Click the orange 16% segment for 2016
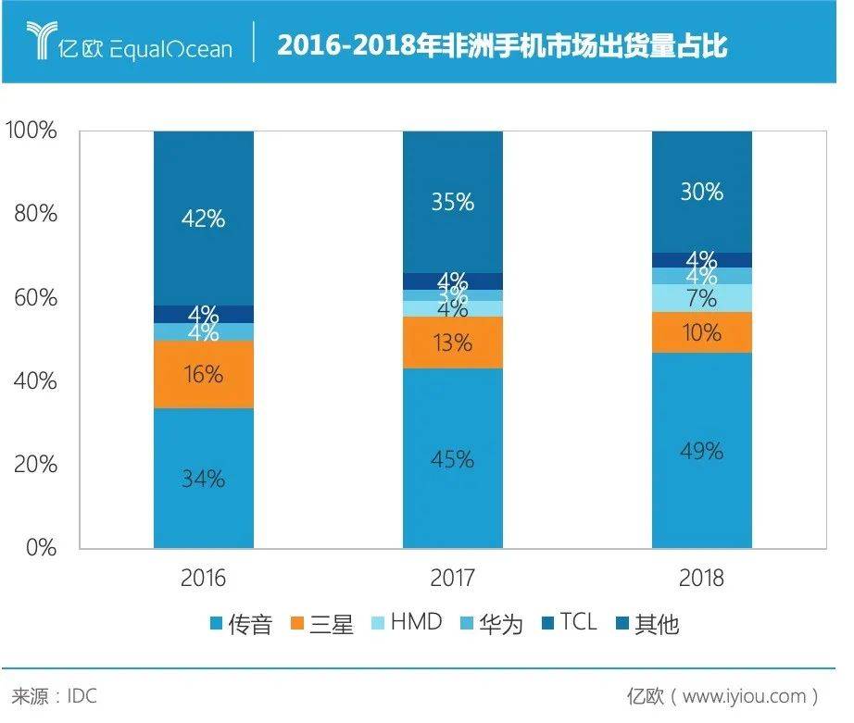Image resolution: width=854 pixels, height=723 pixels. pos(204,374)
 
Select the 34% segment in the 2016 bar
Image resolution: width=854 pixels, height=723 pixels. pos(204,478)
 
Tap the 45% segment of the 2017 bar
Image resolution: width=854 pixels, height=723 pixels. pos(453,458)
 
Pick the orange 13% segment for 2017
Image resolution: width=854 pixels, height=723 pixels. pos(453,343)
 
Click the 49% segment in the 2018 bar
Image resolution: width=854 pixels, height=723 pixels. pos(702,450)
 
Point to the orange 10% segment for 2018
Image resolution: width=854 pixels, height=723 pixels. pos(702,332)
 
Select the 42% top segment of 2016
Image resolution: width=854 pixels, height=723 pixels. pos(204,218)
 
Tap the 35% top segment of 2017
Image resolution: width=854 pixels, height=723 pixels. pos(453,202)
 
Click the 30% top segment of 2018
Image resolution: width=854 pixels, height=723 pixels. pos(702,192)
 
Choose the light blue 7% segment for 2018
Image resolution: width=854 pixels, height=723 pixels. pos(702,298)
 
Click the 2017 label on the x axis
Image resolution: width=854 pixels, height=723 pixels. pos(453,580)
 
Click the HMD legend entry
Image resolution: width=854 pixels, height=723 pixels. pos(406,623)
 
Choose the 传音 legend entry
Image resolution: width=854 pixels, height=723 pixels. pos(241,624)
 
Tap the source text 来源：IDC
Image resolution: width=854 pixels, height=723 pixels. pos(54,695)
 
